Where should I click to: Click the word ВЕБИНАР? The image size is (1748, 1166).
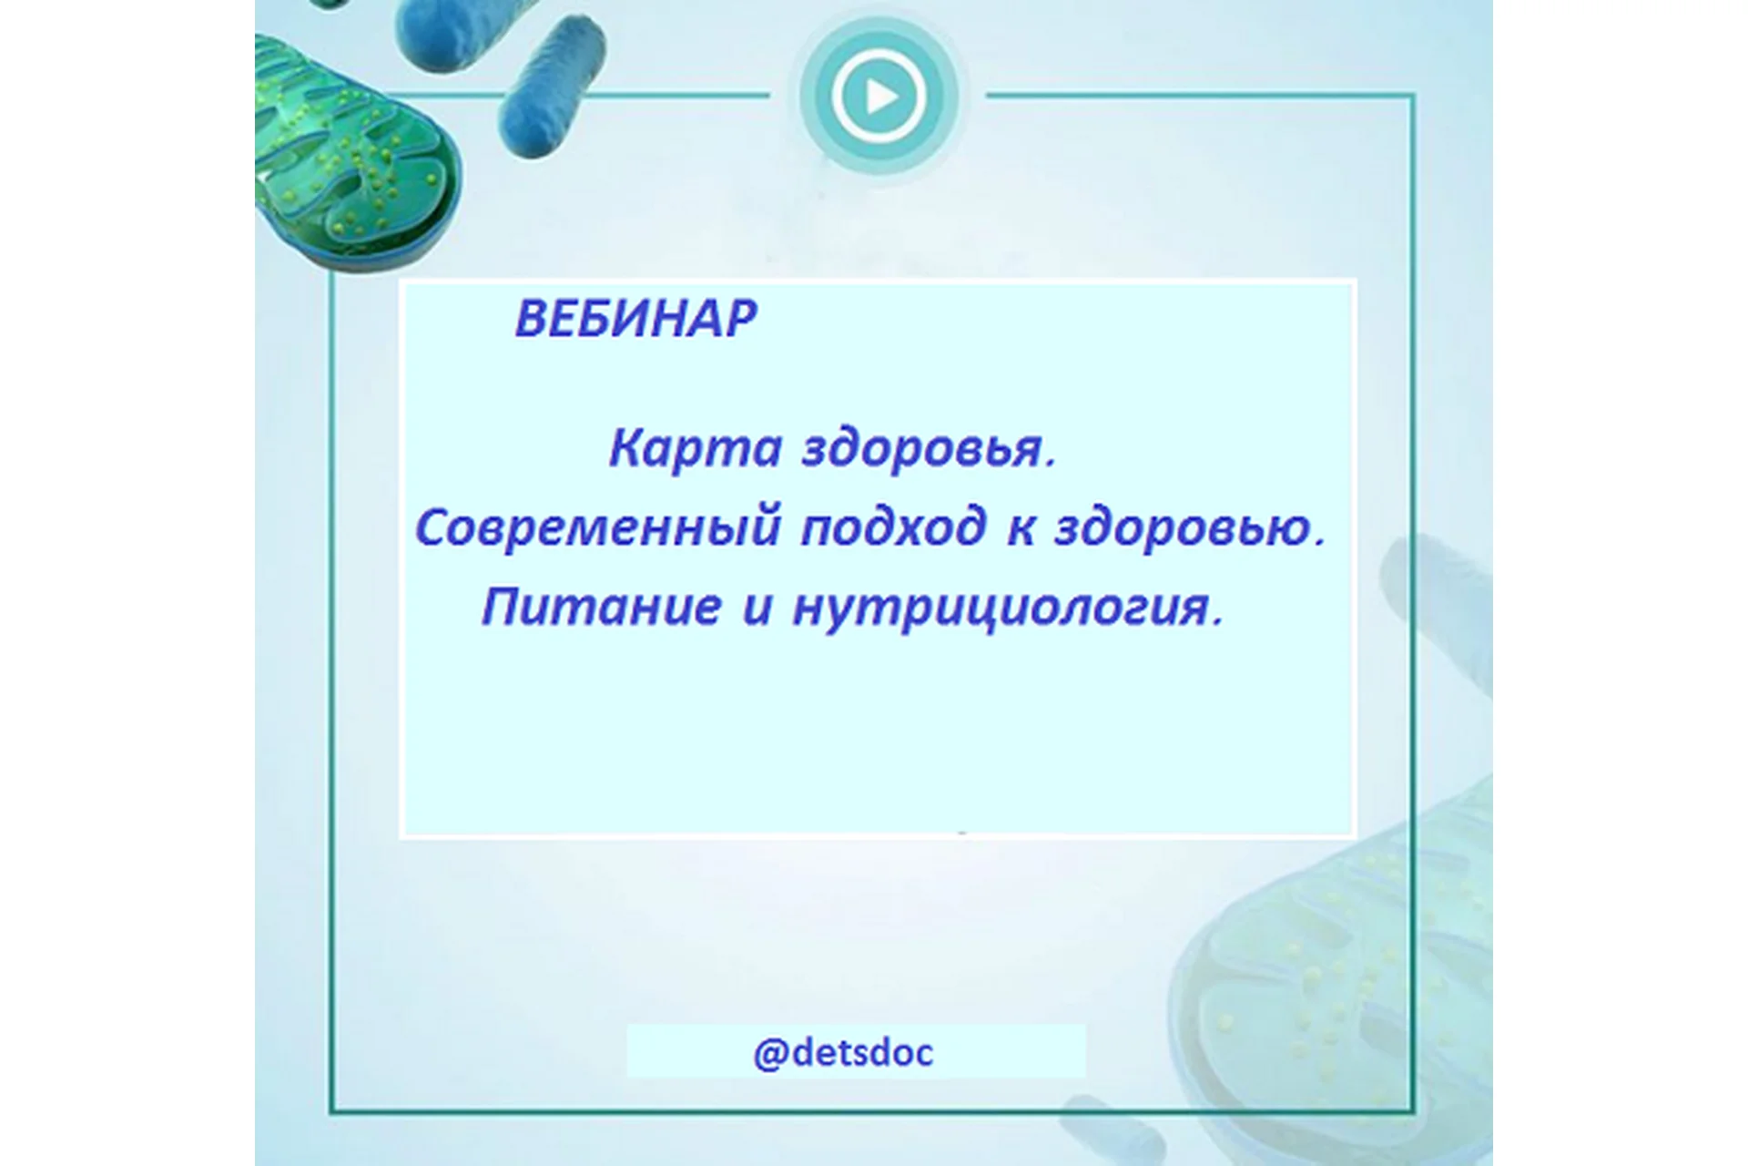pyautogui.click(x=635, y=319)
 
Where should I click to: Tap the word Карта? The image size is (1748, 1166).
pyautogui.click(x=696, y=448)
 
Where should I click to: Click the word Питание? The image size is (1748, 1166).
pyautogui.click(x=601, y=607)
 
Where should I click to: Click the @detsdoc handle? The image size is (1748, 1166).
pyautogui.click(x=843, y=1053)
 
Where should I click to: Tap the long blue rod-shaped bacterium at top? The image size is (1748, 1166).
pyautogui.click(x=554, y=87)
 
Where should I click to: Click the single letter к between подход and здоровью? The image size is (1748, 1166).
pyautogui.click(x=1020, y=529)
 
